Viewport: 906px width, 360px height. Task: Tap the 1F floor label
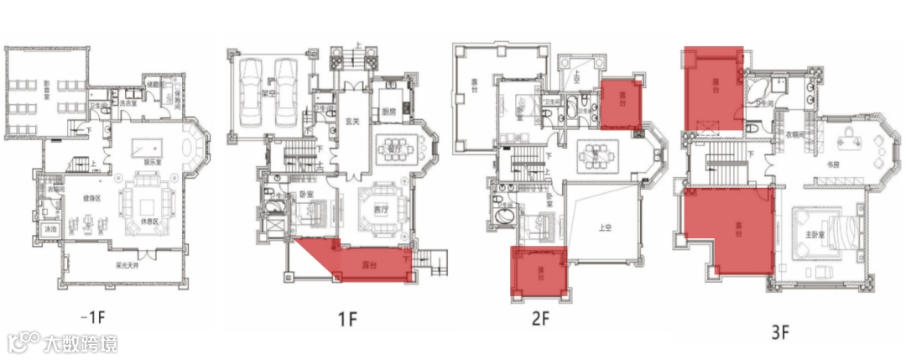coord(347,319)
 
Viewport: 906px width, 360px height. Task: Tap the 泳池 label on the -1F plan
coord(50,228)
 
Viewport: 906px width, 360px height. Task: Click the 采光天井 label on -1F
coord(127,266)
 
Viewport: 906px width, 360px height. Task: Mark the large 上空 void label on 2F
coord(603,226)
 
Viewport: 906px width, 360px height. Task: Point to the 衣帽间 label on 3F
coord(796,134)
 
